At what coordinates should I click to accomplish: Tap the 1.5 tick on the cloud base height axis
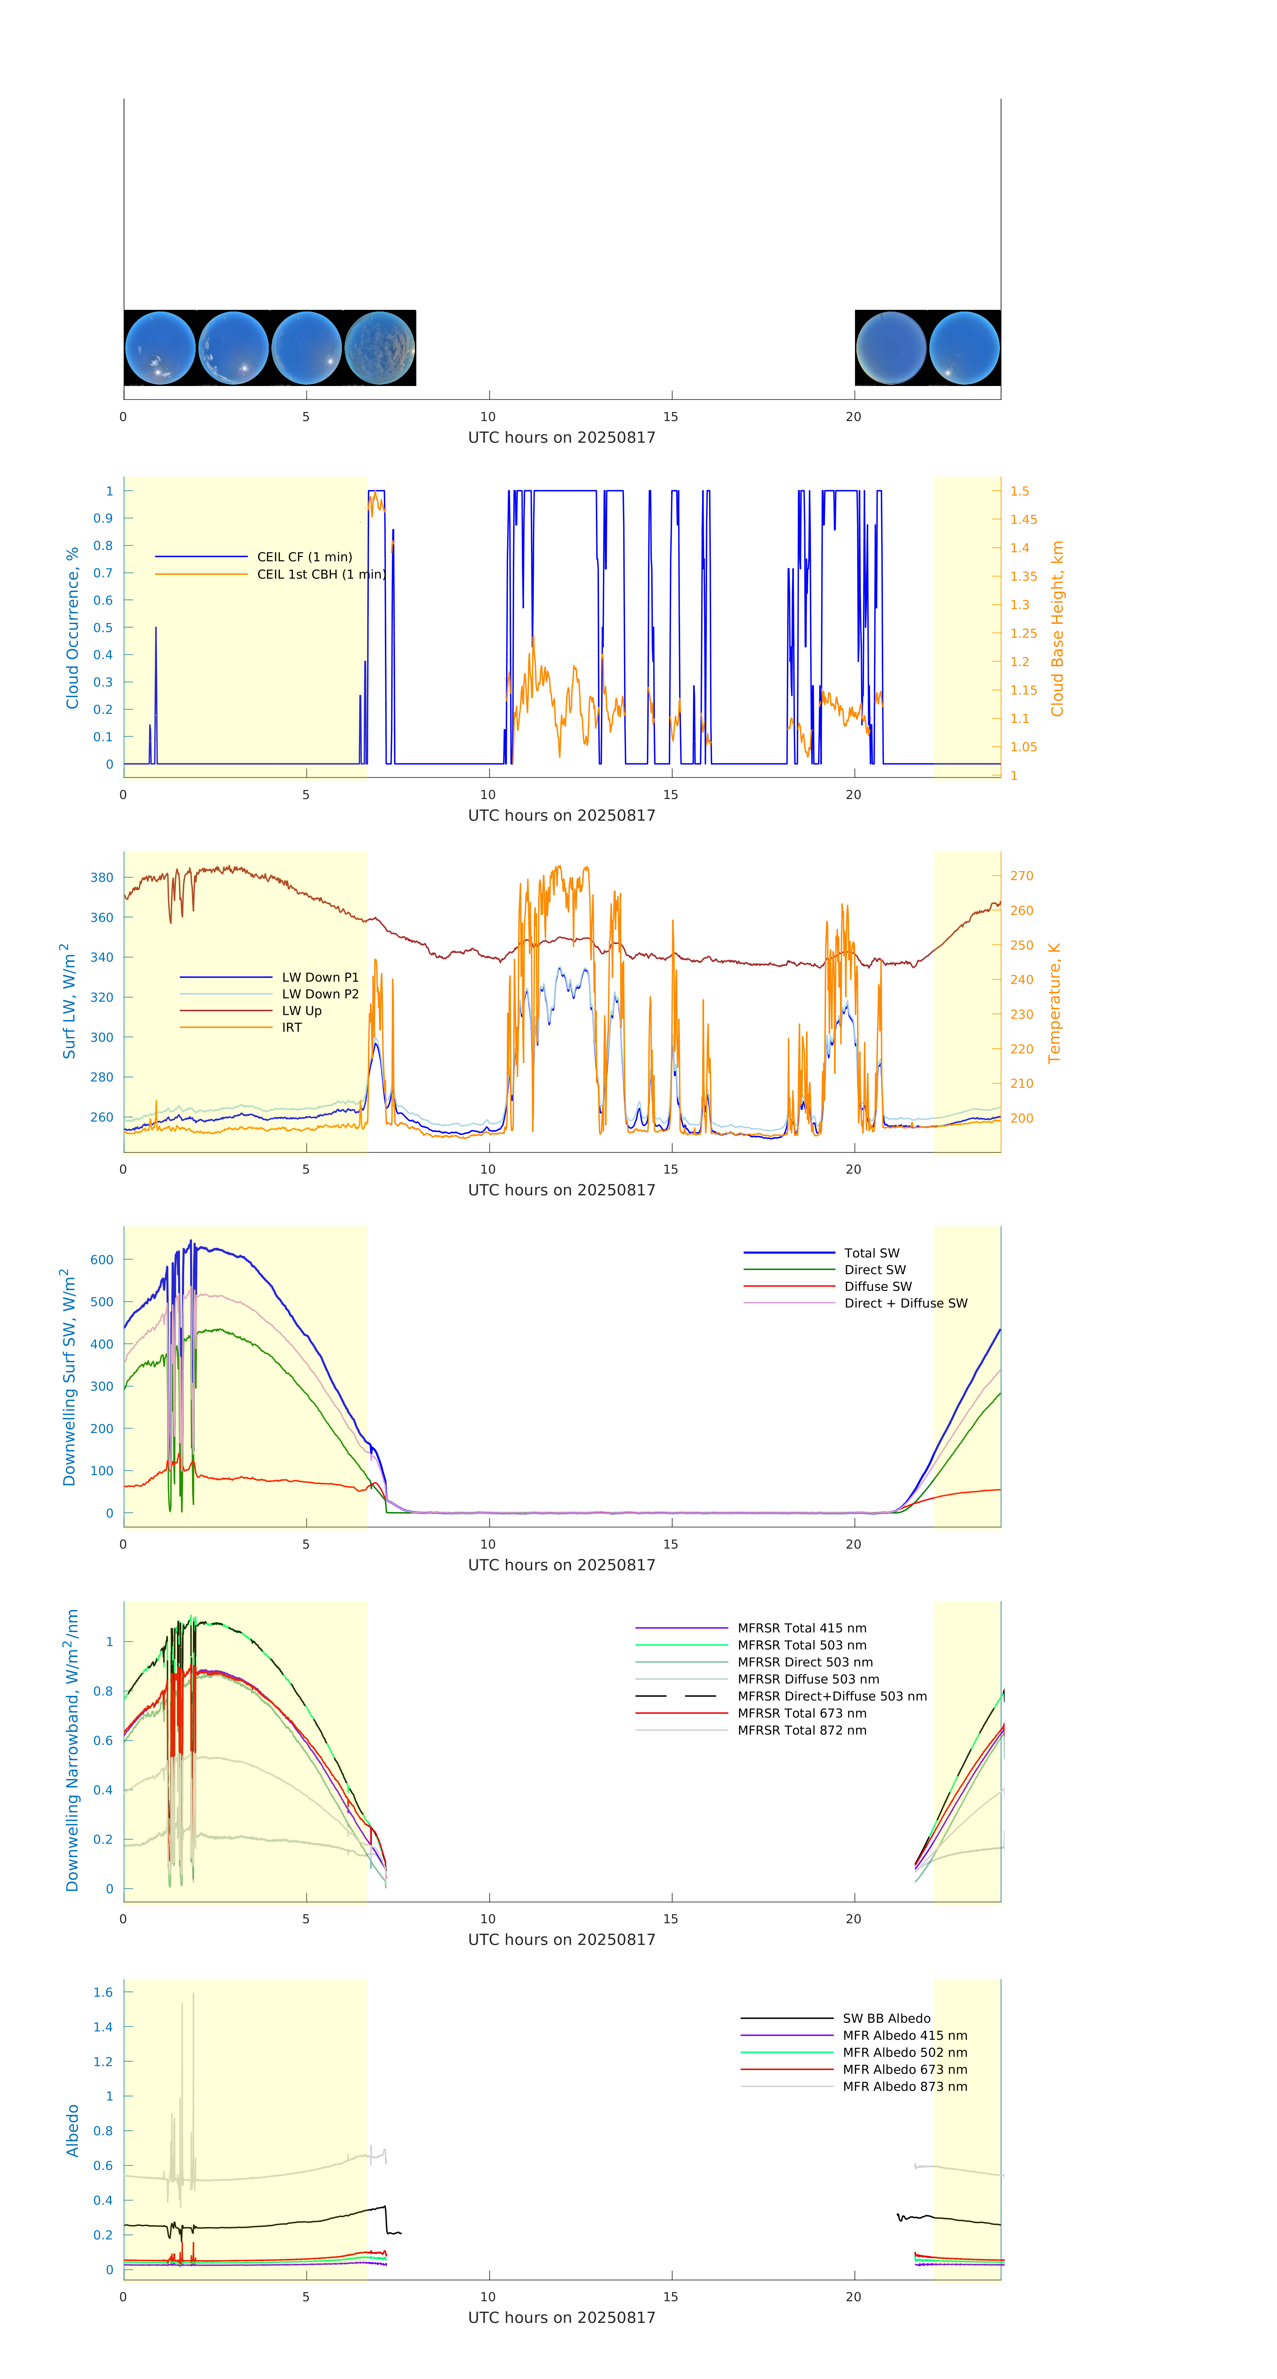[x=1019, y=491]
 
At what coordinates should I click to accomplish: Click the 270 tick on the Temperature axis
[x=1021, y=875]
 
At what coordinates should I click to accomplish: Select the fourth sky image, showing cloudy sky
[x=380, y=348]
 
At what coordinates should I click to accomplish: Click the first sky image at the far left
[x=160, y=348]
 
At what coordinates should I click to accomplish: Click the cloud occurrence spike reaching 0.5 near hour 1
[x=155, y=628]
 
